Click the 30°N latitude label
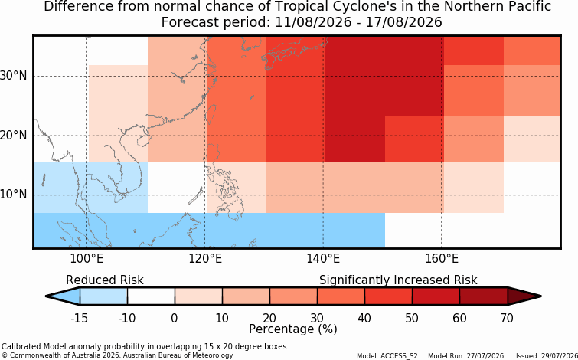pyautogui.click(x=13, y=77)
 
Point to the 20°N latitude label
pyautogui.click(x=13, y=136)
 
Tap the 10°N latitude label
pyautogui.click(x=13, y=195)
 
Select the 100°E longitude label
pyautogui.click(x=87, y=259)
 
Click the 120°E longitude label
pyautogui.click(x=205, y=259)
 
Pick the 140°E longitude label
pyautogui.click(x=323, y=259)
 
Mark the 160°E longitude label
pyautogui.click(x=442, y=259)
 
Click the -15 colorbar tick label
pyautogui.click(x=79, y=318)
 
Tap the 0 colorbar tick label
pyautogui.click(x=175, y=318)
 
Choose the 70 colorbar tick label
pyautogui.click(x=508, y=318)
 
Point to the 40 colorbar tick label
pyautogui.click(x=364, y=318)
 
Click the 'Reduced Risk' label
pyautogui.click(x=105, y=280)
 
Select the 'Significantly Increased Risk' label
pyautogui.click(x=398, y=280)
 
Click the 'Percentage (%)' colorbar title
pyautogui.click(x=293, y=329)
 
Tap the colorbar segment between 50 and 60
pyautogui.click(x=436, y=296)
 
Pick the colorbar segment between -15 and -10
pyautogui.click(x=103, y=296)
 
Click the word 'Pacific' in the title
pyautogui.click(x=533, y=6)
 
